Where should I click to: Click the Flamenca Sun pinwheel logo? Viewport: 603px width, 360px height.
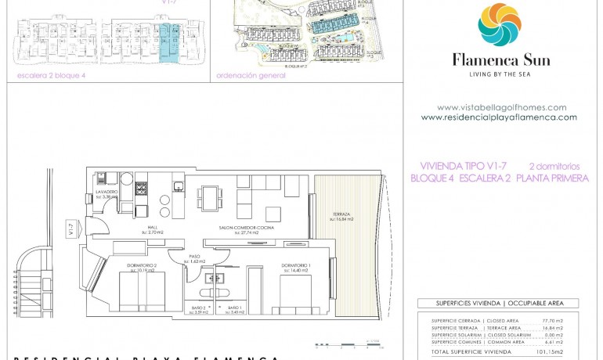point(500,24)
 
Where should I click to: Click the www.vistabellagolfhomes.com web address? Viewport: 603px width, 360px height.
point(501,107)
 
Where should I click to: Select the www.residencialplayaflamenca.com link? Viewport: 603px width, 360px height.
point(499,117)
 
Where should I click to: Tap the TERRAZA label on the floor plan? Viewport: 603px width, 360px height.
point(341,215)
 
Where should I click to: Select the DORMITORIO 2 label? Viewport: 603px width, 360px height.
point(143,266)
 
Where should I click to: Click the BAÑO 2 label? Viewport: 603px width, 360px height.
point(200,308)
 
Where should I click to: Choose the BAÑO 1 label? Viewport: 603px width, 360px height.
point(234,308)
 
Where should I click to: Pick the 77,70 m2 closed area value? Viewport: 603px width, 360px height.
point(552,321)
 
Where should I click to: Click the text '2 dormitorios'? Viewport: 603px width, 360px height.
point(554,166)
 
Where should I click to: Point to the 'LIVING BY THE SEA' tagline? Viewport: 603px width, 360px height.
point(501,74)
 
